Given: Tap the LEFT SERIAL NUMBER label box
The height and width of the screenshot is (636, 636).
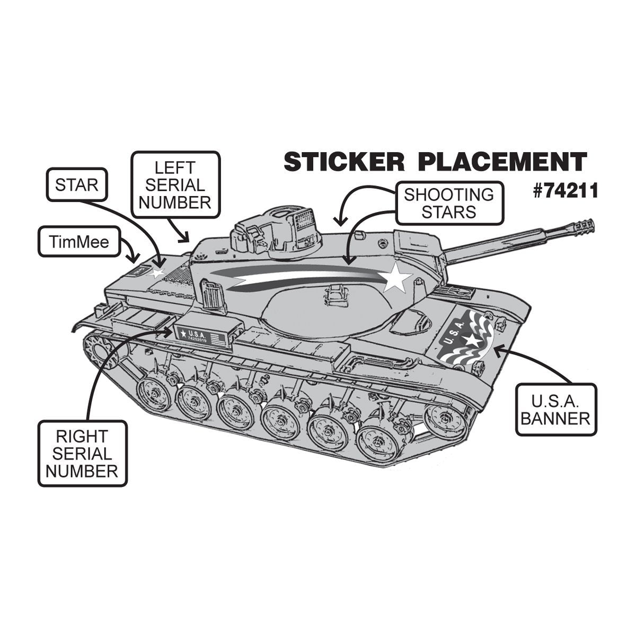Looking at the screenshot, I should point(175,185).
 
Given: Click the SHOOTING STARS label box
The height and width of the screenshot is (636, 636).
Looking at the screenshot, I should point(448,202).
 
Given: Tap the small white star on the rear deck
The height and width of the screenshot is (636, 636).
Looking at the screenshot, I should point(157,273).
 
